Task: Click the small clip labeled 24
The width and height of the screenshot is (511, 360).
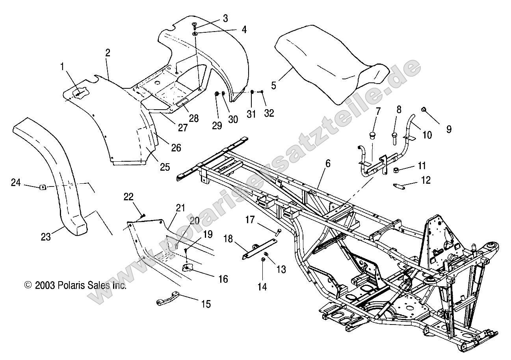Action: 43,187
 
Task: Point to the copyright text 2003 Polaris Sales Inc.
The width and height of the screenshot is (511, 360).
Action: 75,285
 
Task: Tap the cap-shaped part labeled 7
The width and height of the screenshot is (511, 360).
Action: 371,136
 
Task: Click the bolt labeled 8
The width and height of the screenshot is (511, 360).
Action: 395,137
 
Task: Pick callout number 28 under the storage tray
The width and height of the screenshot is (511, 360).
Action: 193,118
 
